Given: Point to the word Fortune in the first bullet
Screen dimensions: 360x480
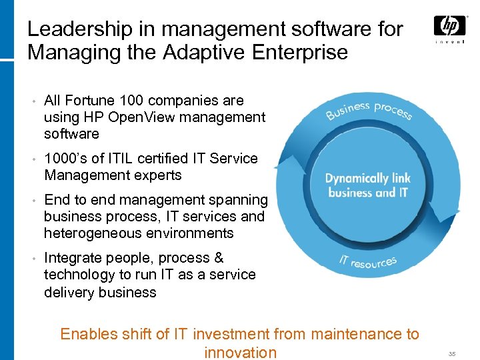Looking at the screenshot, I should [x=91, y=101].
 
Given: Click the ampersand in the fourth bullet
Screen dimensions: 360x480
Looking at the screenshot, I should [x=219, y=258].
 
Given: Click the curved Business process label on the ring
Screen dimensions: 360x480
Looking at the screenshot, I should [x=369, y=110].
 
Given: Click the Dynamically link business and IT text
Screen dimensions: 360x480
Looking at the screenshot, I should [x=367, y=185].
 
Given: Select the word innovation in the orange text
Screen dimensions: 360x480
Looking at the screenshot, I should [x=240, y=353].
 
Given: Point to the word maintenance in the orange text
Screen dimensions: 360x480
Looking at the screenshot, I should [x=357, y=335].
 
